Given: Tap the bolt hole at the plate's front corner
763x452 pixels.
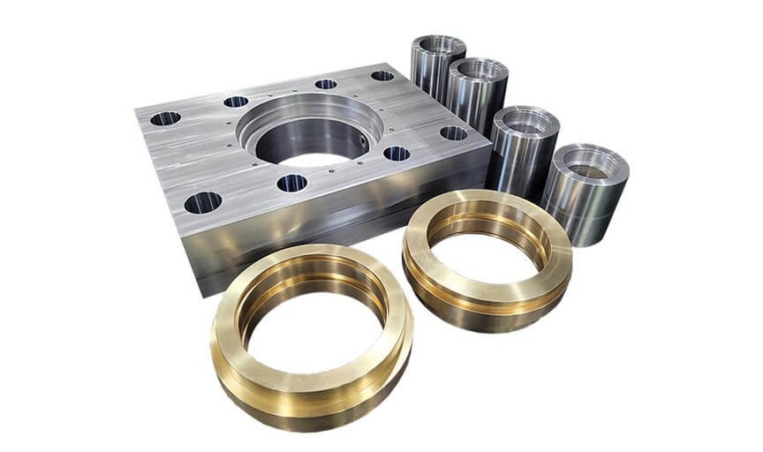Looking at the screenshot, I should [202, 202].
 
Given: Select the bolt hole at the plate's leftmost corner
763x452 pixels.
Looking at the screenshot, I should [165, 117].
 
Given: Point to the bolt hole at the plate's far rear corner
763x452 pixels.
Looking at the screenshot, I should [382, 76].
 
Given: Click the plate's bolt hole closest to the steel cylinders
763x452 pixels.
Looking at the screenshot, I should [453, 133].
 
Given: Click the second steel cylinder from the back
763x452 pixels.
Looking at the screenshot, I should [477, 93].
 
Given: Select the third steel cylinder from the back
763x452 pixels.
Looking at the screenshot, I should [524, 146].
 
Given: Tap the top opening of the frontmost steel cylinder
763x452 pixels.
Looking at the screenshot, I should [587, 165].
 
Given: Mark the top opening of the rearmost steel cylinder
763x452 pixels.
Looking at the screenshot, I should [439, 44].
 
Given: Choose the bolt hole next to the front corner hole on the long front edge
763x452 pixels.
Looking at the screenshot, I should [291, 184].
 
